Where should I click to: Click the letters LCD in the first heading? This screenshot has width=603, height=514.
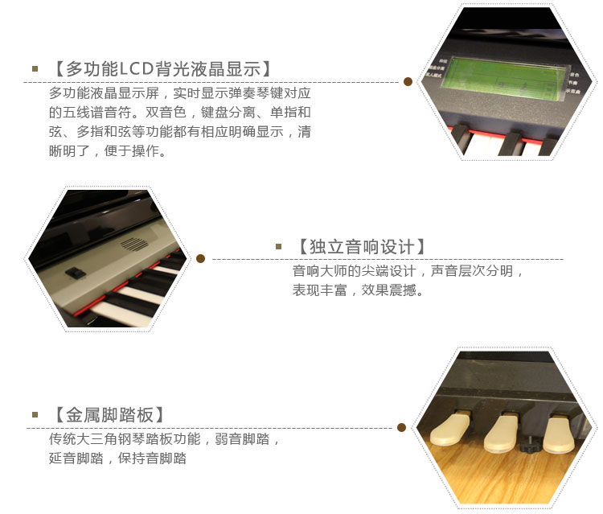[136, 69]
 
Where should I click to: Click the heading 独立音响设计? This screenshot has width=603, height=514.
[362, 247]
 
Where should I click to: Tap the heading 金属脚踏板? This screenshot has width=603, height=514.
[109, 415]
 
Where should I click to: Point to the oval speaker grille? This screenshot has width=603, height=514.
[134, 245]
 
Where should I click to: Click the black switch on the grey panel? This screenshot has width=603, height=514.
[76, 273]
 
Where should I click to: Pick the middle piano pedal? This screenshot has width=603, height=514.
[502, 432]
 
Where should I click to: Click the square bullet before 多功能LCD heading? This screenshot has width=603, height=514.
[35, 69]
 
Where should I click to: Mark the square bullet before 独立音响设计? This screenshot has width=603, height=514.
[279, 247]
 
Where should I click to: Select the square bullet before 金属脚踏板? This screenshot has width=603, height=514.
[35, 415]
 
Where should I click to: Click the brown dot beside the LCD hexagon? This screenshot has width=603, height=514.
[408, 81]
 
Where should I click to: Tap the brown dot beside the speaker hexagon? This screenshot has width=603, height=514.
[200, 258]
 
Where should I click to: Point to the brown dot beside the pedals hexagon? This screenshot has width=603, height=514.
[401, 427]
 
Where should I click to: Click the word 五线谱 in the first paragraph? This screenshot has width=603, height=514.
[83, 113]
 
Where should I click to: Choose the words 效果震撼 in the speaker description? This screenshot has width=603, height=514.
[389, 290]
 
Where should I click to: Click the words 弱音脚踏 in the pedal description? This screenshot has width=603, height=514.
[242, 439]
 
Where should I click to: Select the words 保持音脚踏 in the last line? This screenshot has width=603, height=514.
[152, 458]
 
